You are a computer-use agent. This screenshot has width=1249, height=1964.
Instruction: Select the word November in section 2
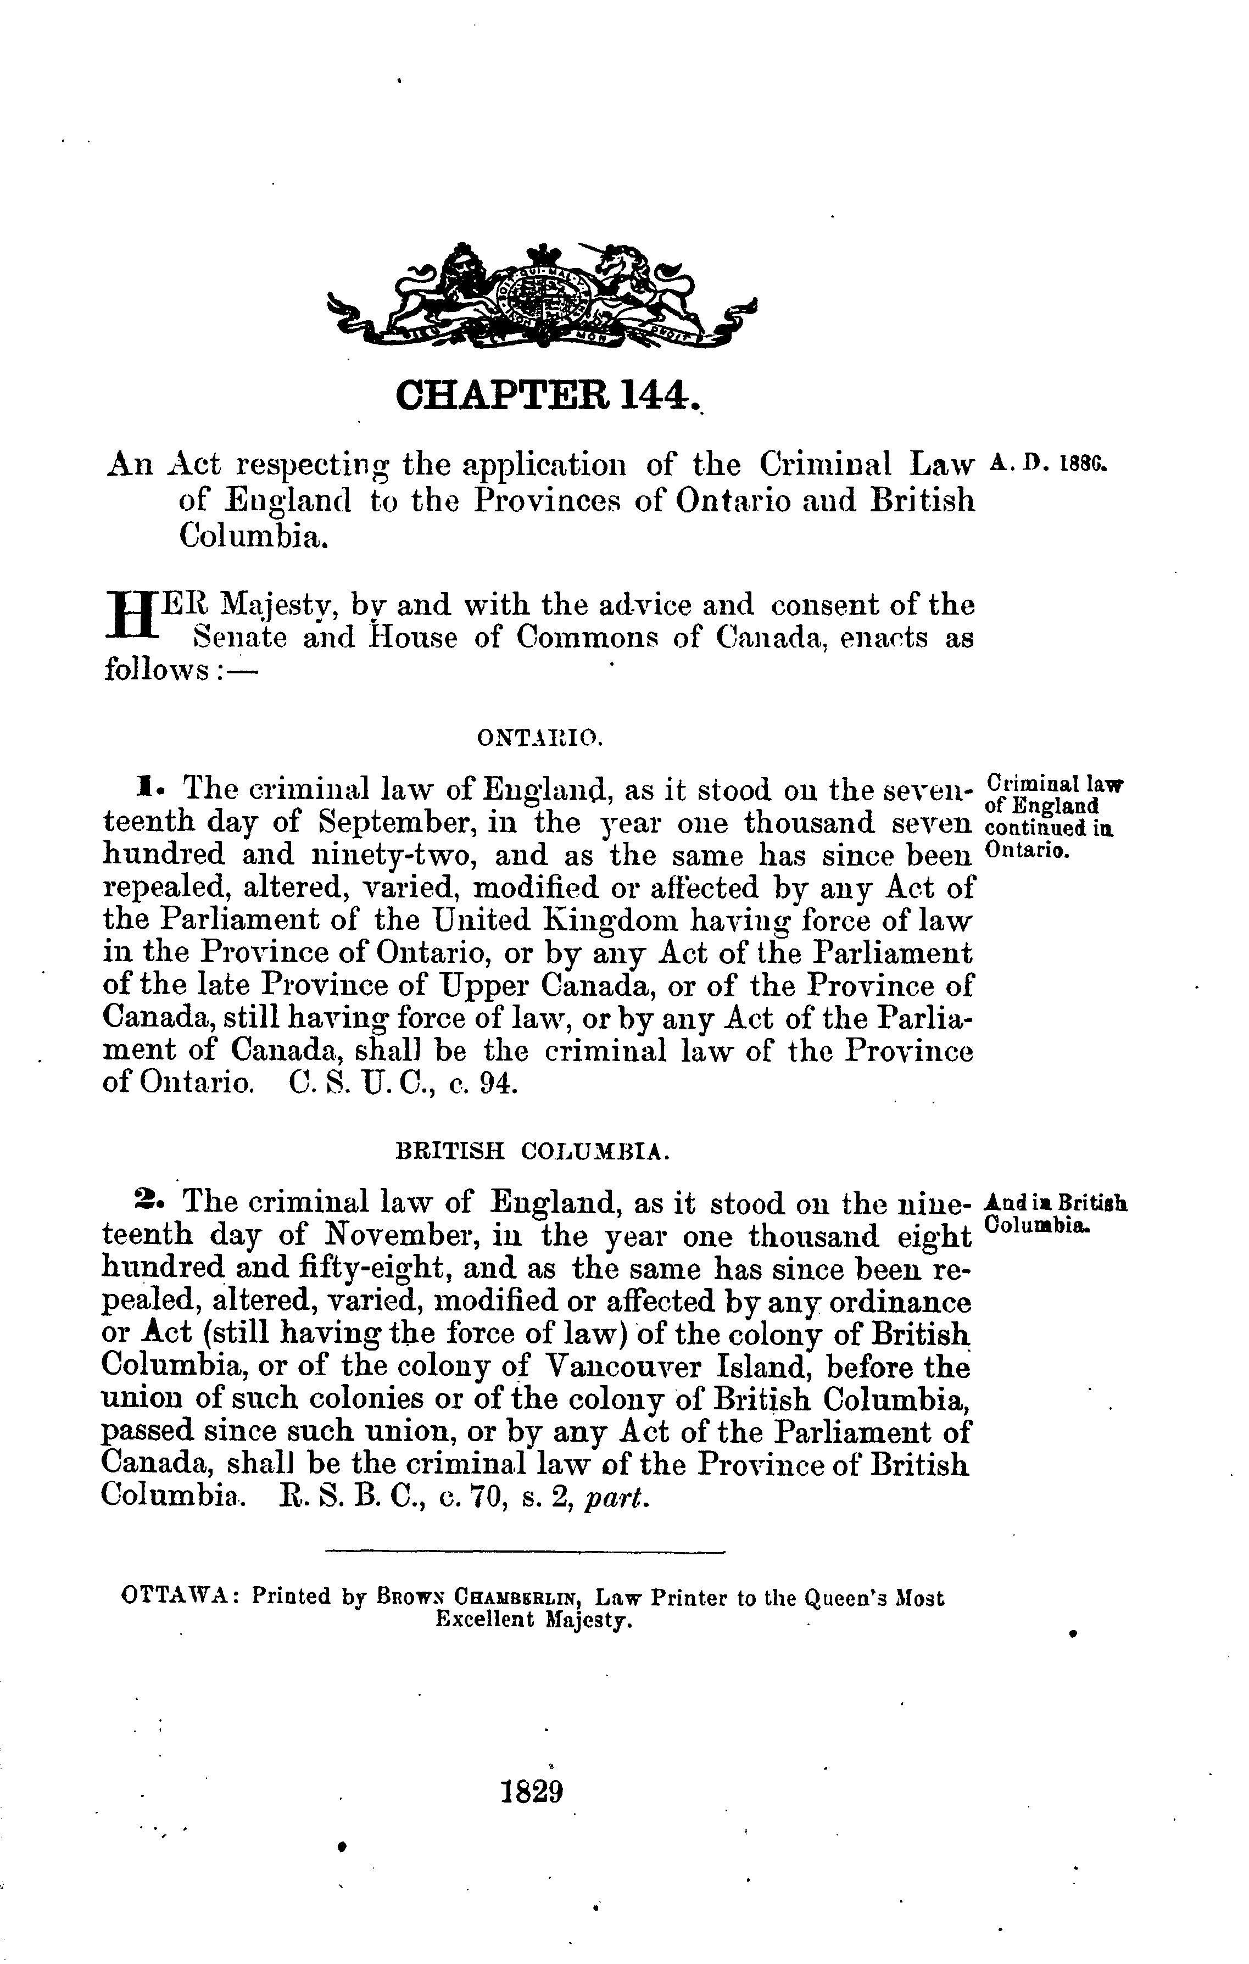pyautogui.click(x=400, y=1235)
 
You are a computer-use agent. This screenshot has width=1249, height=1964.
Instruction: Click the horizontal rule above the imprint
pyautogui.click(x=524, y=1550)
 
